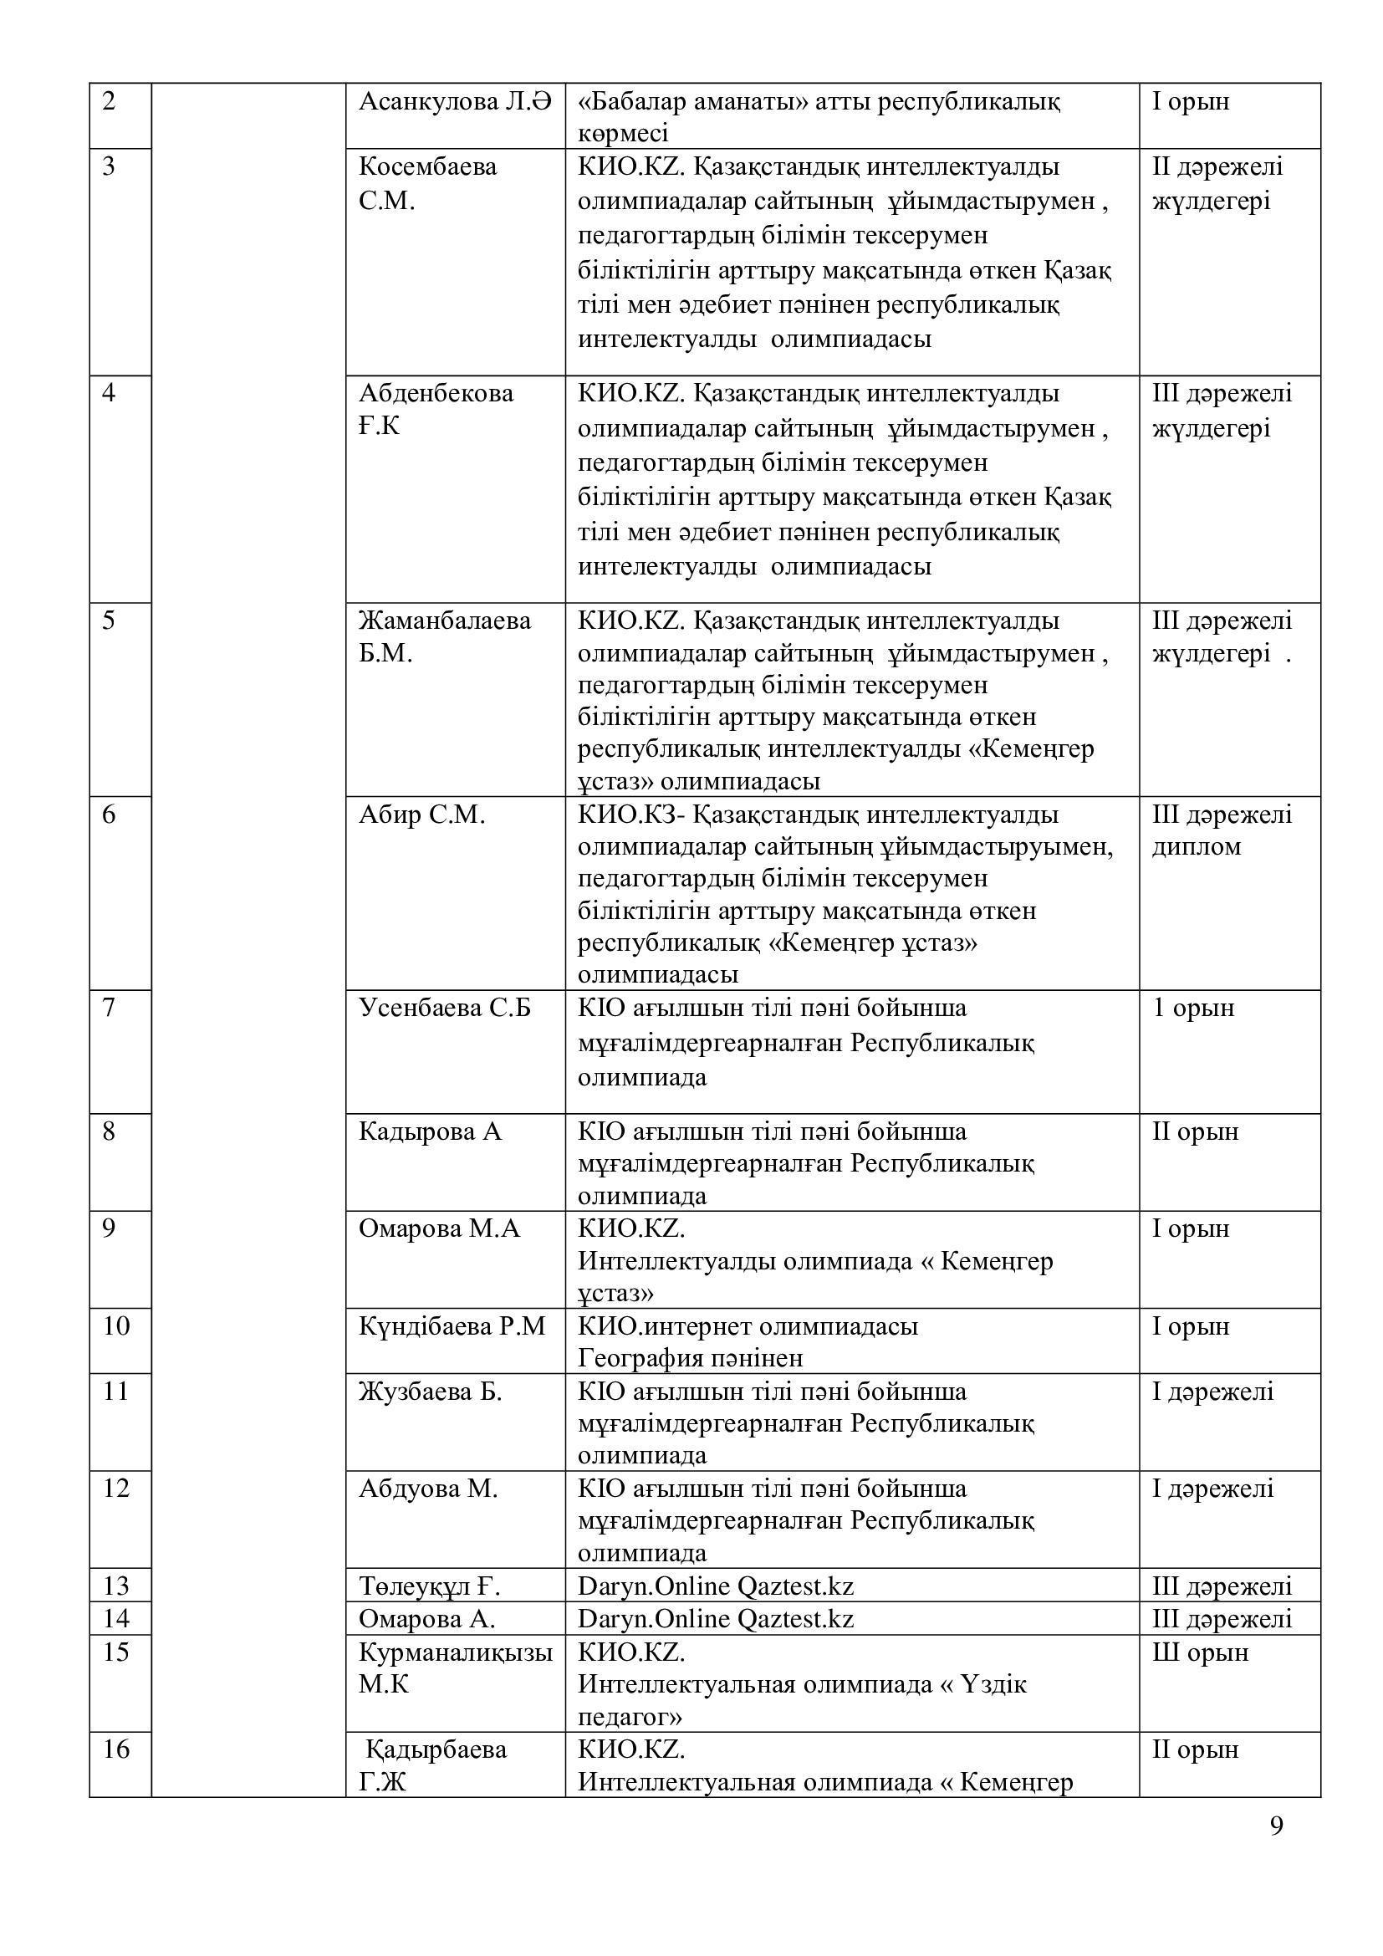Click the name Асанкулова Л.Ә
coord(455,101)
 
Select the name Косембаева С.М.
coord(427,183)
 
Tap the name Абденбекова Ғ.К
coord(436,410)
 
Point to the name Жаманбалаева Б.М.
coord(445,636)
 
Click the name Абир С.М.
coord(421,815)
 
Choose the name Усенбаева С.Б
coord(445,1008)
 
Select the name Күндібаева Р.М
coord(452,1326)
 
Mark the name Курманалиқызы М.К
coord(455,1668)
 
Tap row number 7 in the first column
coord(109,1008)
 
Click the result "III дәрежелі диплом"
coord(1221,830)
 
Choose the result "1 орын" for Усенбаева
coord(1192,1008)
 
